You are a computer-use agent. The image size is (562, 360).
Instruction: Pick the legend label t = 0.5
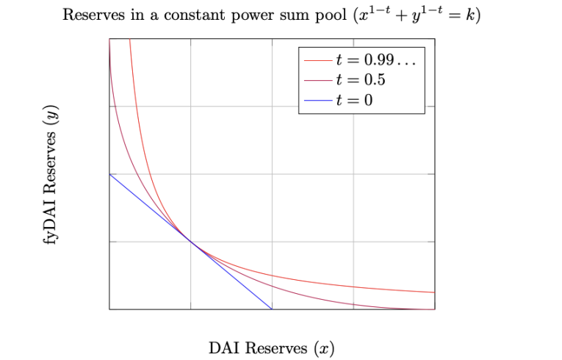point(361,79)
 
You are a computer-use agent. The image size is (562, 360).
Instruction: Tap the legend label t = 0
point(353,99)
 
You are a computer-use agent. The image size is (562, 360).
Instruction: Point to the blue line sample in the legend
point(317,99)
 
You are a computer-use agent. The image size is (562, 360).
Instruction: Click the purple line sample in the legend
point(317,79)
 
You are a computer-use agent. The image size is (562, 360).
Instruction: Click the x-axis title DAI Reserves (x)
point(272,348)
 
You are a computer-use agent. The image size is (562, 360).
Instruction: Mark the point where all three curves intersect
point(191,242)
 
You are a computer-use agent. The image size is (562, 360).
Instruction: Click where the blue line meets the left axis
point(109,174)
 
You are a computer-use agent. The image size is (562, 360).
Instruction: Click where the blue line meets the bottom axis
point(272,309)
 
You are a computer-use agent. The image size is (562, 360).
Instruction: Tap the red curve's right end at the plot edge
point(434,292)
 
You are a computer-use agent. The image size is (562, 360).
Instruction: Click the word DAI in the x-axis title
point(224,348)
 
